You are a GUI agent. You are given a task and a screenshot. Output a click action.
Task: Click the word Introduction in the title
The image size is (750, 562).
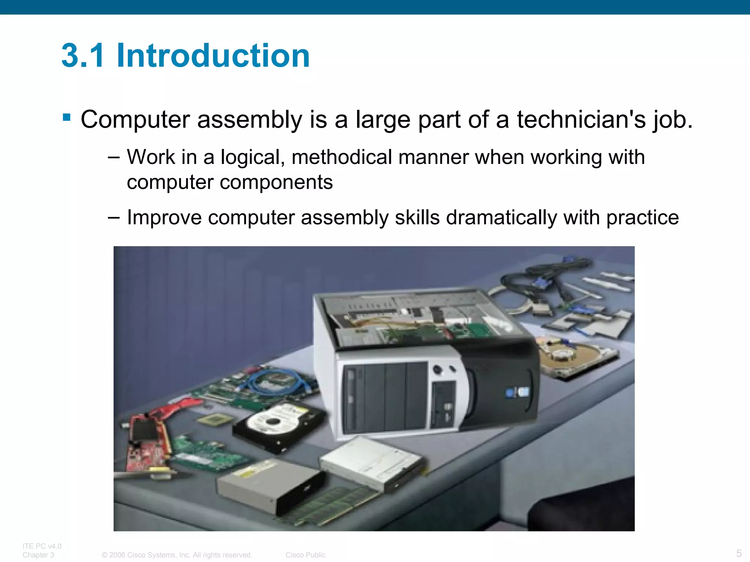coord(213,56)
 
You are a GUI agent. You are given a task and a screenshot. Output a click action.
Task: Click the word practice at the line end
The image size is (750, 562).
coord(642,218)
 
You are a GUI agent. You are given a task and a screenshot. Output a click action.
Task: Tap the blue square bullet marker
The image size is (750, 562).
coord(67,117)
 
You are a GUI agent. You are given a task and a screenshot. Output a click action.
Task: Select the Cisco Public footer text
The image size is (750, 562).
coord(305,555)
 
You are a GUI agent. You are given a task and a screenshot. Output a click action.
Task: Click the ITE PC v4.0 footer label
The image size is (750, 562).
coord(42,546)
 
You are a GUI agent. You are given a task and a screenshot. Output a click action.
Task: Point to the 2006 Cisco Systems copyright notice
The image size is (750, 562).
coord(177,555)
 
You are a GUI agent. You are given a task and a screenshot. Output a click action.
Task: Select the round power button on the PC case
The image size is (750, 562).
coord(437,369)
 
